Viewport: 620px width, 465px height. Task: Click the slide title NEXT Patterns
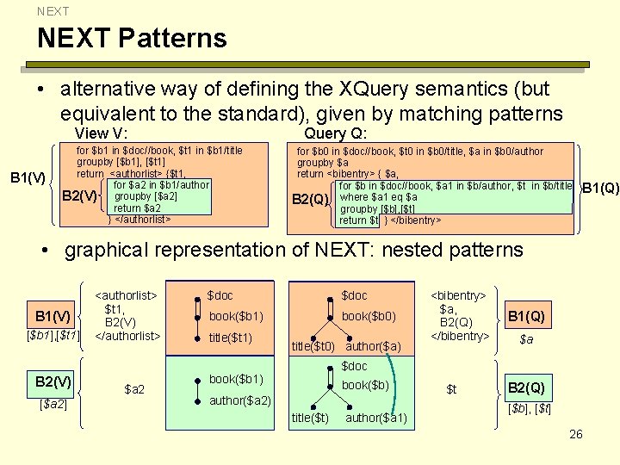[132, 38]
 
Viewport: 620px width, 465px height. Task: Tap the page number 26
[576, 434]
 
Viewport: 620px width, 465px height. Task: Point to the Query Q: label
[336, 133]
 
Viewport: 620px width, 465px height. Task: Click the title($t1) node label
[230, 338]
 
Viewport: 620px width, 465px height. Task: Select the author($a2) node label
[240, 400]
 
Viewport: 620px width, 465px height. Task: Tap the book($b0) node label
[369, 316]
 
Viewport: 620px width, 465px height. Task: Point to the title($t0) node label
[313, 347]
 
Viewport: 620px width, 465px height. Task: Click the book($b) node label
[367, 385]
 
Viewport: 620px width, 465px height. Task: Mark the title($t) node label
[310, 418]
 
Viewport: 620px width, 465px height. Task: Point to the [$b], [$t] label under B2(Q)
[530, 406]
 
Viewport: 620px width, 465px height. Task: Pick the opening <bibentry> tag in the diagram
[459, 295]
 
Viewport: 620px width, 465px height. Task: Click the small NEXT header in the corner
[53, 11]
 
